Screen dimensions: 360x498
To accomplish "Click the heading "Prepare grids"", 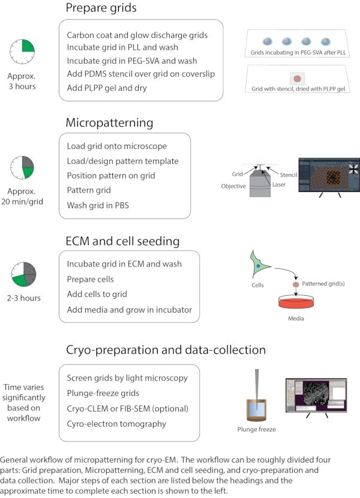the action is click(x=101, y=8).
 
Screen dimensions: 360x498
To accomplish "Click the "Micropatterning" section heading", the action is click(x=109, y=123).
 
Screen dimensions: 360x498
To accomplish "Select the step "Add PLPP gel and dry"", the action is click(x=107, y=88).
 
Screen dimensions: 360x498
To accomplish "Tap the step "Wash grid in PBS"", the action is click(x=98, y=205).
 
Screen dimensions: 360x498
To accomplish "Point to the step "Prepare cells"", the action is click(x=90, y=280).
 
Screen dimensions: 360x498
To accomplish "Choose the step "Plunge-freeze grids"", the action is click(x=103, y=393).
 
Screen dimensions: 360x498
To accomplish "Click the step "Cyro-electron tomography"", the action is click(x=116, y=424).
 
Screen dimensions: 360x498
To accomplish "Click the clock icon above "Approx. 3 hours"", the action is click(x=22, y=52).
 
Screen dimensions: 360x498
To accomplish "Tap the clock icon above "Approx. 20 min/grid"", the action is click(x=22, y=167).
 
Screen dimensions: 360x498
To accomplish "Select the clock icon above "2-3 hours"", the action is click(x=23, y=274).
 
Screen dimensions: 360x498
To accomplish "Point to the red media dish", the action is click(x=296, y=301).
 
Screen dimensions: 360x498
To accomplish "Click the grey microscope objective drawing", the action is click(x=260, y=183).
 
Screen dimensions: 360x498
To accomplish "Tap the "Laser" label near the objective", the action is click(x=278, y=185).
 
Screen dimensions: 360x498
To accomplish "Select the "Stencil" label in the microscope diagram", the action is click(x=289, y=175).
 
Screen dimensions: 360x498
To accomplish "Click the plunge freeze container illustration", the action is click(x=256, y=409).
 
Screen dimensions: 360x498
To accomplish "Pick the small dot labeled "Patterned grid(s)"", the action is click(x=296, y=284).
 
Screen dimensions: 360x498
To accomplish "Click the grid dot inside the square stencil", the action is click(x=297, y=79).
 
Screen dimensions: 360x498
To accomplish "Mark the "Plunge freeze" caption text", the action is click(x=256, y=430).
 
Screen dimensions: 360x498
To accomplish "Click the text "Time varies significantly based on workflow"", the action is click(x=24, y=403).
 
